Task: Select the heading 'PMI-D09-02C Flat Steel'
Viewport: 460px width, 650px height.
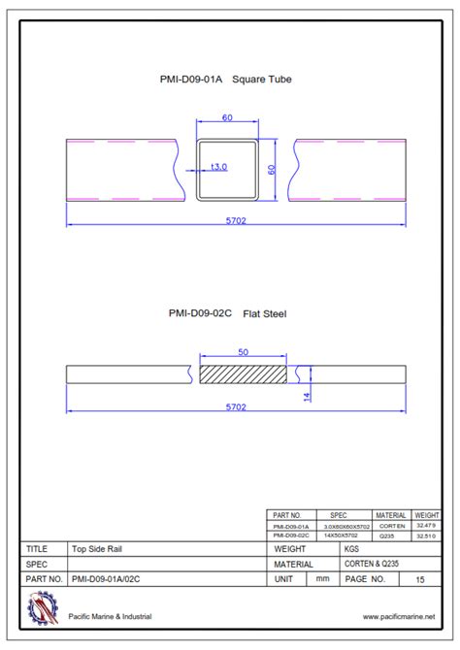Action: [229, 313]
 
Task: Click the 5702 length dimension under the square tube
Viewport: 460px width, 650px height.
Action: [236, 220]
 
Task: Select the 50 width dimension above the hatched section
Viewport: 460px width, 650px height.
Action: [243, 351]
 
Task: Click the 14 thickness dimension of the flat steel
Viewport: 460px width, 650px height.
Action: [307, 397]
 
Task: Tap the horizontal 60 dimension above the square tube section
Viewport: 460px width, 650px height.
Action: [228, 117]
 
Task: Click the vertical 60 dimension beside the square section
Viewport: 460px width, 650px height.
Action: [272, 169]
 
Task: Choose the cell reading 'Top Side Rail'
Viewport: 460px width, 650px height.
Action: [96, 548]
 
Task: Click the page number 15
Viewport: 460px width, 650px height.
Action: [420, 579]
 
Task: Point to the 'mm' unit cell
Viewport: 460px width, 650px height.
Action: [322, 579]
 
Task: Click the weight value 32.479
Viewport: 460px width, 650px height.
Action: [426, 525]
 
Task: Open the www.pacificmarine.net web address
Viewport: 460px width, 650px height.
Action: [398, 616]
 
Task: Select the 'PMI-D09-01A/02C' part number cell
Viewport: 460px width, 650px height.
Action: [114, 579]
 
